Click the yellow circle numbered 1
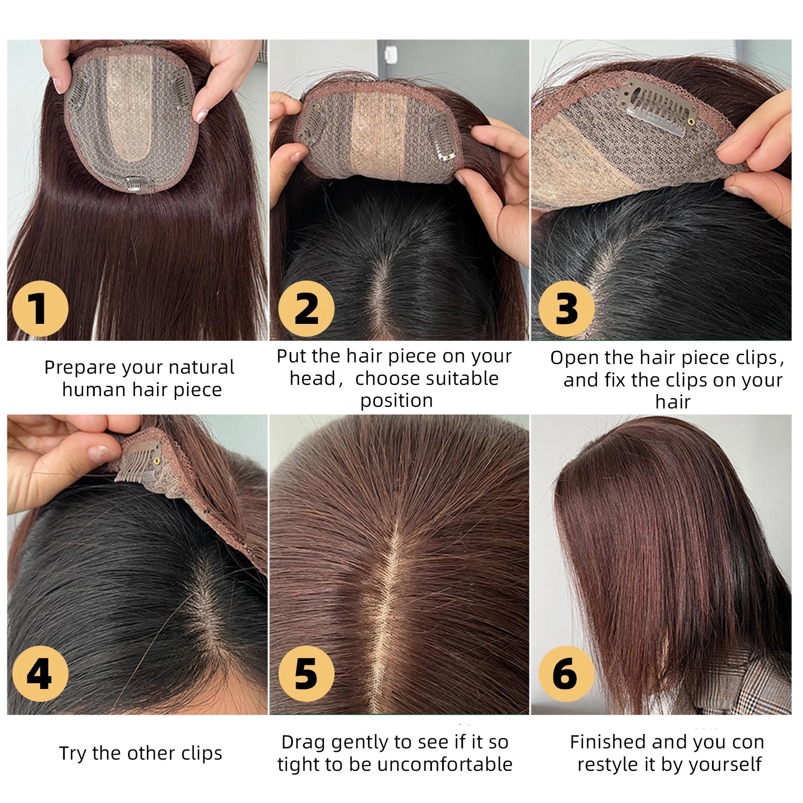[40, 309]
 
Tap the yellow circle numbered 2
[306, 309]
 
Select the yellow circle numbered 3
[566, 309]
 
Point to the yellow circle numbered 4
[40, 673]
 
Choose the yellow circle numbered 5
[306, 673]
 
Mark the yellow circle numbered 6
[566, 673]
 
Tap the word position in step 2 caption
[397, 401]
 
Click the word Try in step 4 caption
[73, 754]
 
